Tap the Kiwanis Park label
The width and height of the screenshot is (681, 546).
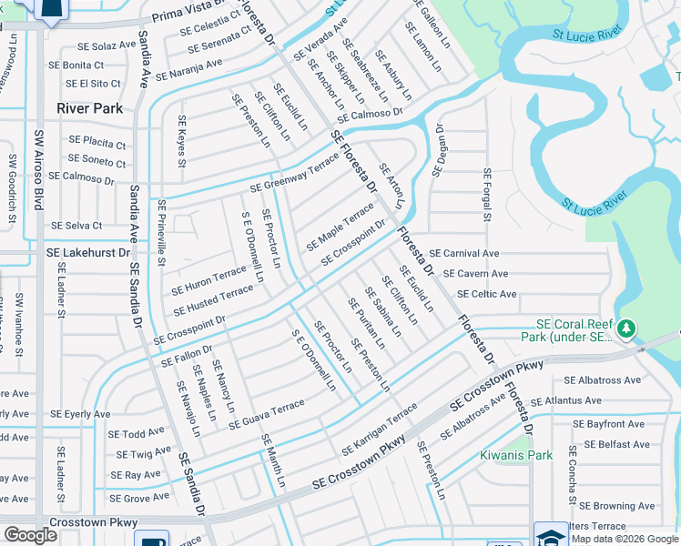(x=516, y=455)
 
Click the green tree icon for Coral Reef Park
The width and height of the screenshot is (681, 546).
(x=625, y=328)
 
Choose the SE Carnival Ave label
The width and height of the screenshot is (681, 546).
(x=464, y=253)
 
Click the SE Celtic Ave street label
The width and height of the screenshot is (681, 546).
(x=487, y=294)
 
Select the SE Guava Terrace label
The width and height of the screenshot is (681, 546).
(x=267, y=414)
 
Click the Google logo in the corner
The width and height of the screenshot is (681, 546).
(x=30, y=535)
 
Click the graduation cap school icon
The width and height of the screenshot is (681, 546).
(x=551, y=535)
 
